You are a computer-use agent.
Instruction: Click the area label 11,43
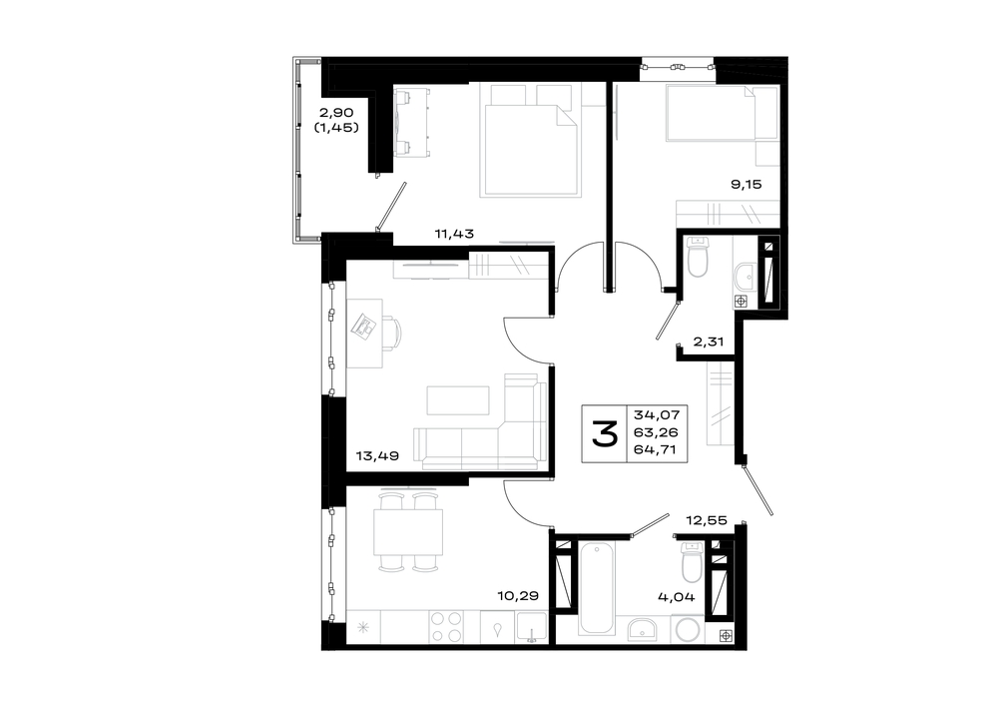[454, 234]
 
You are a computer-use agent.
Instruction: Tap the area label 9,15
[746, 185]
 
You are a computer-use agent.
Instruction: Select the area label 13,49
[377, 455]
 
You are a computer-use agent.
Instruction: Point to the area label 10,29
[518, 596]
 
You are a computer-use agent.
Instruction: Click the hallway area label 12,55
[707, 520]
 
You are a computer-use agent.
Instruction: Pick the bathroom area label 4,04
[677, 597]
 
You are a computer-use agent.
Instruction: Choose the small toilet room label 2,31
[709, 342]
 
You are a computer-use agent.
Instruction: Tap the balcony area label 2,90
[336, 113]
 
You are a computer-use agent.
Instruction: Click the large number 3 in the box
[604, 433]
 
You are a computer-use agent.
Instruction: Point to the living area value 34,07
[657, 414]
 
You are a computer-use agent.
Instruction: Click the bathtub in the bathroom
[597, 587]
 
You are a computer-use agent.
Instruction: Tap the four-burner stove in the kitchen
[446, 626]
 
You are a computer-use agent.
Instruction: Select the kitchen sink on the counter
[532, 626]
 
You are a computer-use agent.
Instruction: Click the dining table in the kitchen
[408, 532]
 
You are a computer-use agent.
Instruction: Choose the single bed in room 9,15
[722, 113]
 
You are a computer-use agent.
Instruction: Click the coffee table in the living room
[458, 400]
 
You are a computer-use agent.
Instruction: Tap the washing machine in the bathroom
[688, 630]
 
